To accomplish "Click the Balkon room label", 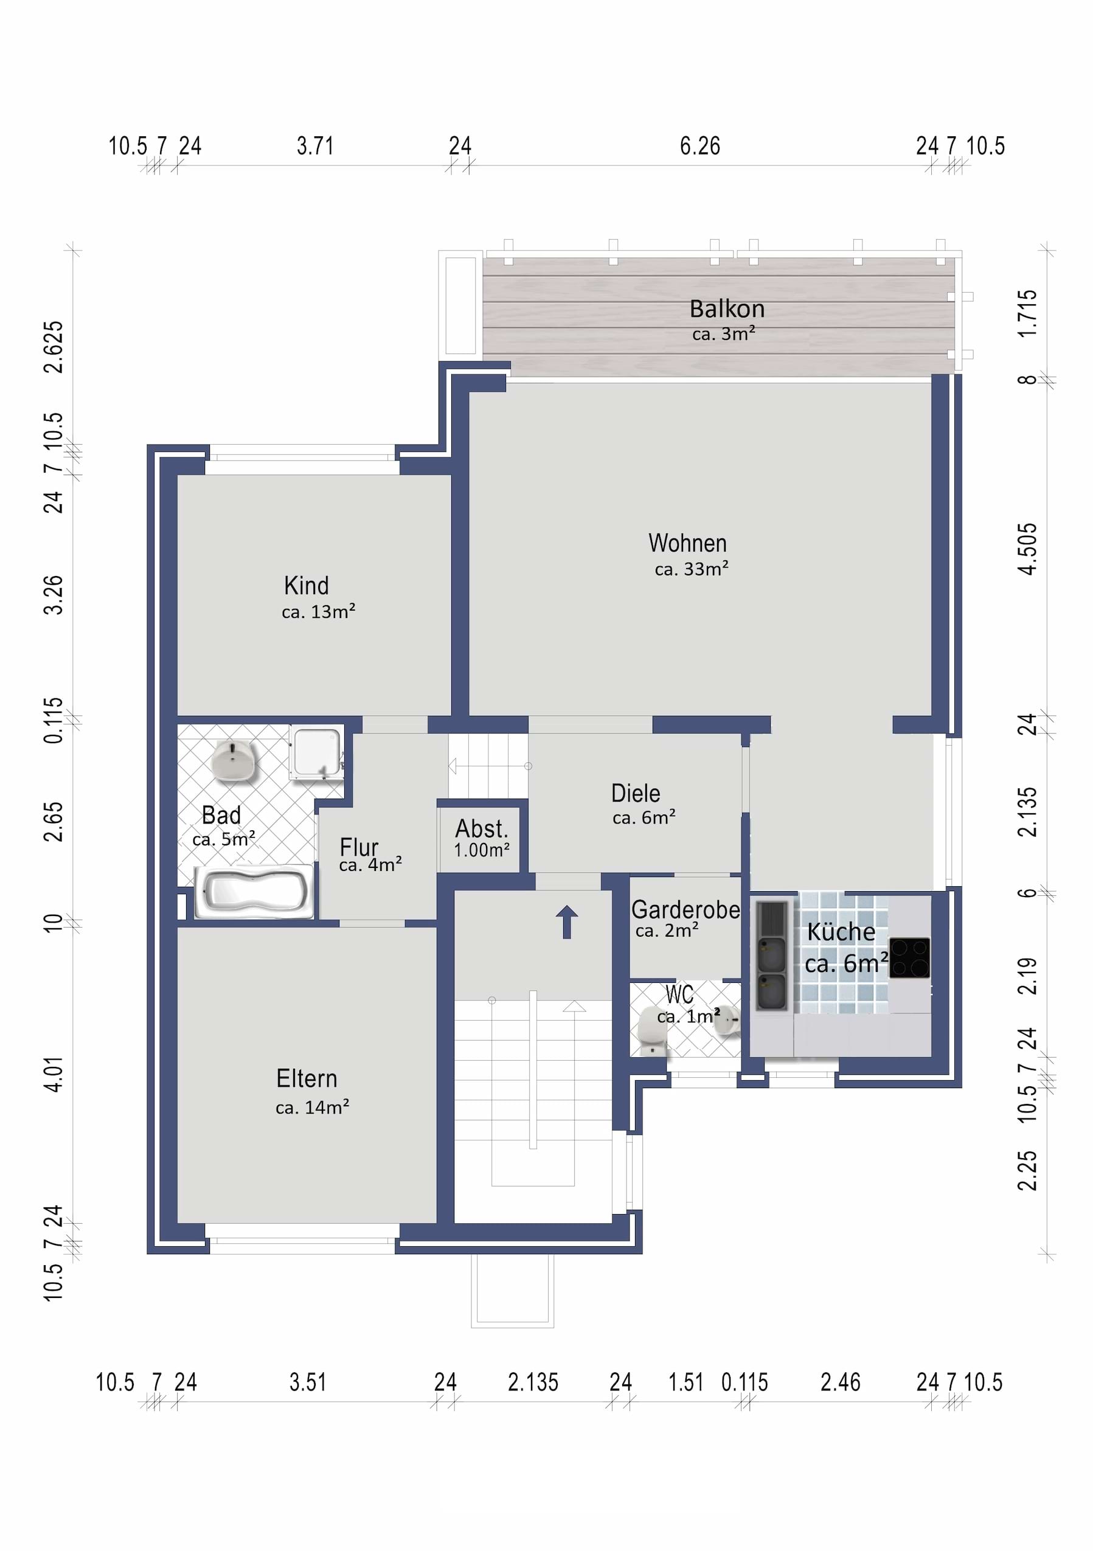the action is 727,309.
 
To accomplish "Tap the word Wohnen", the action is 688,543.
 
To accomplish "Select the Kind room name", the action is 306,586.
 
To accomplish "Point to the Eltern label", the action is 307,1078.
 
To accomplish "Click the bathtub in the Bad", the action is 254,892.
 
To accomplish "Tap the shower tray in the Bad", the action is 316,752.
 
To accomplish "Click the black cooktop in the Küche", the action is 909,958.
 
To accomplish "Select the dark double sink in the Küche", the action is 771,957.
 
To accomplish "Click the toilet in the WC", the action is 653,1029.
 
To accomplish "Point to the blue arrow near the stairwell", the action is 567,921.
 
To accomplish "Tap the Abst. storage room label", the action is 482,829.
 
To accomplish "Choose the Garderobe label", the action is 685,910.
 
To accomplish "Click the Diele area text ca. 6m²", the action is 644,817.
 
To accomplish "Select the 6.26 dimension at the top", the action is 700,146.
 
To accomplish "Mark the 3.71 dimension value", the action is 315,146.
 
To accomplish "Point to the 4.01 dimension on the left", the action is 53,1074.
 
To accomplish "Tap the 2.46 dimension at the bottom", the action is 841,1383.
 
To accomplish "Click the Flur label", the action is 359,847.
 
